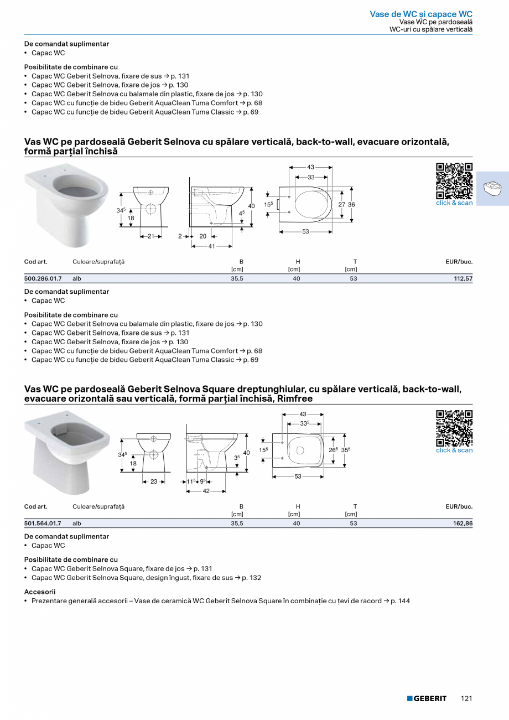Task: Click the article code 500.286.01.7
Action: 43,279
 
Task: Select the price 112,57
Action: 463,279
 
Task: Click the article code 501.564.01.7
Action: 43,524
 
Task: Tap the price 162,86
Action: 463,524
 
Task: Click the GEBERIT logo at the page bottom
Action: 427,698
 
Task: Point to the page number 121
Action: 466,698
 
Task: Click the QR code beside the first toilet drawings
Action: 454,181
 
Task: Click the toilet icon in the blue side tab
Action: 492,189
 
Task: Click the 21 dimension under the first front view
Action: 150,236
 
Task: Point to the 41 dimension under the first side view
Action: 211,246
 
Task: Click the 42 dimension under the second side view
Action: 206,491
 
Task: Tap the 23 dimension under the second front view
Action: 154,481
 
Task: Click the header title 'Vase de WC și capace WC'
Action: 421,14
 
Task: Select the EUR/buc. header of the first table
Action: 459,262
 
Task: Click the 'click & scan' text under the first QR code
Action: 454,203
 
